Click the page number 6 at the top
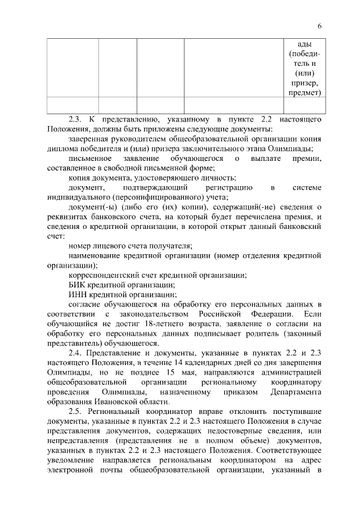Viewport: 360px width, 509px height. click(x=319, y=26)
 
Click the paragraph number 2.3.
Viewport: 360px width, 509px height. click(x=75, y=120)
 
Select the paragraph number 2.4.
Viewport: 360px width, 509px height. click(x=75, y=354)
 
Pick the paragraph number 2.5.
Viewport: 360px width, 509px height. click(x=75, y=412)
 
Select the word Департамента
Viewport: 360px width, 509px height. click(x=295, y=392)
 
